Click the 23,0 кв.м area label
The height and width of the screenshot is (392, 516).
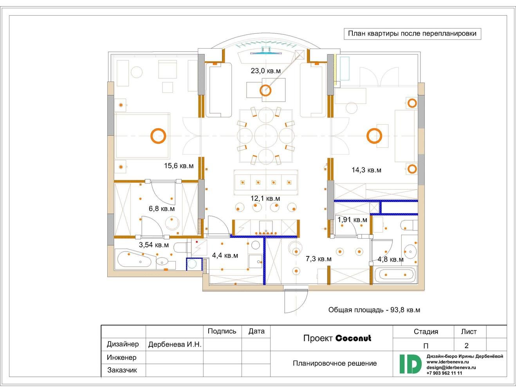(266, 71)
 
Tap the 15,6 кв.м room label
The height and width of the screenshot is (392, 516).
(179, 166)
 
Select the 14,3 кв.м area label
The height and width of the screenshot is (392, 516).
(366, 170)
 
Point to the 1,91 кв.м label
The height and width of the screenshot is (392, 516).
(352, 220)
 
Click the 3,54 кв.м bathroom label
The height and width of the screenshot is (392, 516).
(154, 245)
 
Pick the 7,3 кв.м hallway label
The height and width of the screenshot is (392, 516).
(319, 259)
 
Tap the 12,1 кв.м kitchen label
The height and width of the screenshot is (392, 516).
(265, 198)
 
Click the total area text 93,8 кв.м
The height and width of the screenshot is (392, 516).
(405, 310)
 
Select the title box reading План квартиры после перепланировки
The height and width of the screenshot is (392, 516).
(412, 34)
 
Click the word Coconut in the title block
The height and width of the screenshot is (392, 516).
(353, 338)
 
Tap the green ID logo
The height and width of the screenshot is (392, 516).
(410, 364)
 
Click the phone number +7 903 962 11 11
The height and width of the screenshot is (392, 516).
(444, 373)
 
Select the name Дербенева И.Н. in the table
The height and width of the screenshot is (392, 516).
(175, 345)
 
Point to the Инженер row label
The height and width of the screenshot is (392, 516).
(121, 358)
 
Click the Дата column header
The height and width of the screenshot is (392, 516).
(256, 331)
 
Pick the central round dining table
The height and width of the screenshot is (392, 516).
(266, 136)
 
